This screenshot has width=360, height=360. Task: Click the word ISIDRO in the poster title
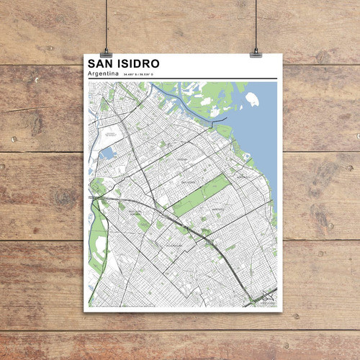[x=137, y=64]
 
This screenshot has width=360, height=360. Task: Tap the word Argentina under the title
[x=102, y=74]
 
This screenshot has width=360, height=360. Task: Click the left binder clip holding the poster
[x=106, y=52]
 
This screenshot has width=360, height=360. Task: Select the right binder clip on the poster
[x=256, y=52]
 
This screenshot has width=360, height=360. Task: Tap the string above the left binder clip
[x=105, y=22]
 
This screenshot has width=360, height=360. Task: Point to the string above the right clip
[x=256, y=22]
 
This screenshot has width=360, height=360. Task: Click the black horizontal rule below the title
[x=180, y=79]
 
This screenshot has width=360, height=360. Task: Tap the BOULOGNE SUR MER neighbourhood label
[x=135, y=213]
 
